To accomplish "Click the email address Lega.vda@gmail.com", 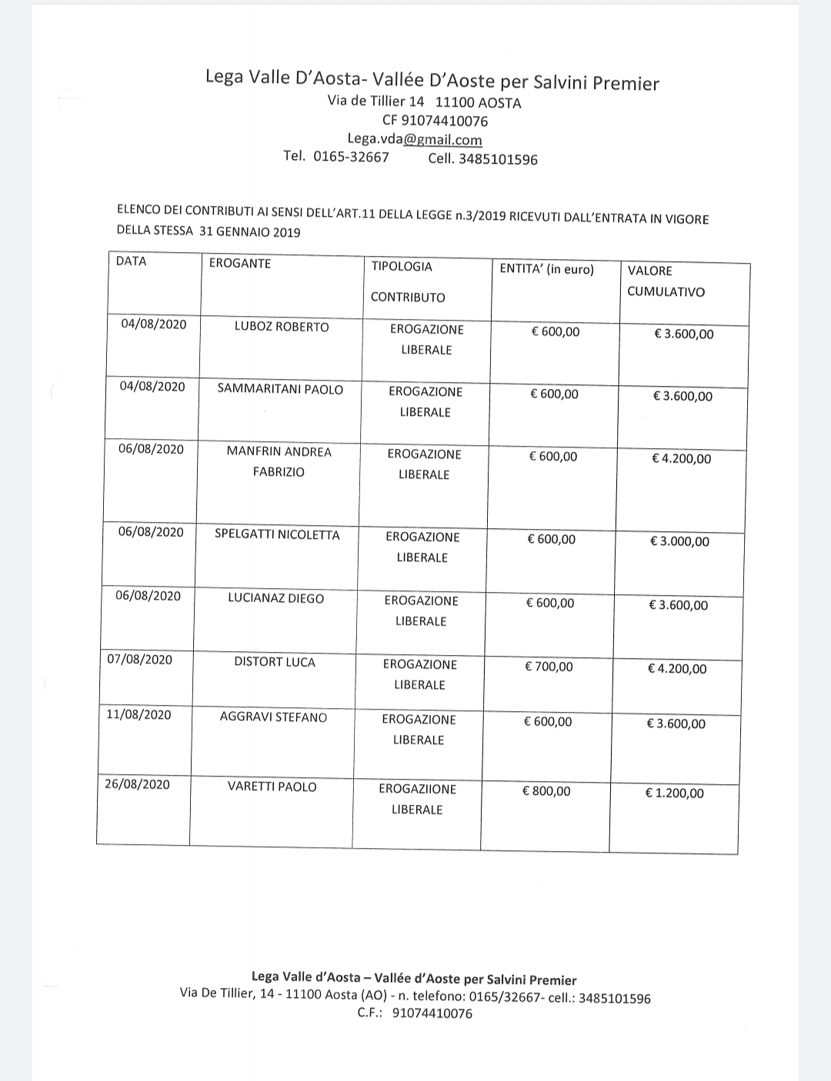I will click(x=415, y=139).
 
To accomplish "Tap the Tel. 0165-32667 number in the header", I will click(x=336, y=157).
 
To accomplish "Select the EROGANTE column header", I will click(x=240, y=264).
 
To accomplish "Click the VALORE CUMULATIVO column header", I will click(x=666, y=281).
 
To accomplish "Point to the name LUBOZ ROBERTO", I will click(x=282, y=327).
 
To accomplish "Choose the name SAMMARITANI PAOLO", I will click(x=280, y=389).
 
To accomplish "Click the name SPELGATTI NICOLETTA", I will click(x=277, y=535).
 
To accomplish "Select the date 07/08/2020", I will click(x=139, y=660).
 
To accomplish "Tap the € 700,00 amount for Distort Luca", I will click(x=549, y=667).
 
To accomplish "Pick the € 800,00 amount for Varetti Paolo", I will click(x=546, y=791).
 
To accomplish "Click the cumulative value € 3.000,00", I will click(x=680, y=541).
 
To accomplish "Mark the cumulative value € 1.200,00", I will click(x=674, y=793).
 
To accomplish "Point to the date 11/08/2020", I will click(x=138, y=714).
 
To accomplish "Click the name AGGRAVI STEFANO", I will click(x=273, y=717).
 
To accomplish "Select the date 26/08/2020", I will click(x=137, y=784).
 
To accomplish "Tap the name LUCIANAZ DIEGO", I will click(x=275, y=598).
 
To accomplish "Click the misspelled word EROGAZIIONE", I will click(x=417, y=789).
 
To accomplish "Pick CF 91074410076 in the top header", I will click(x=435, y=121).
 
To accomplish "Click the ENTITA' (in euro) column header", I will click(x=547, y=269).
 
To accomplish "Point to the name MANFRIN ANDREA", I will click(x=279, y=451).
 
